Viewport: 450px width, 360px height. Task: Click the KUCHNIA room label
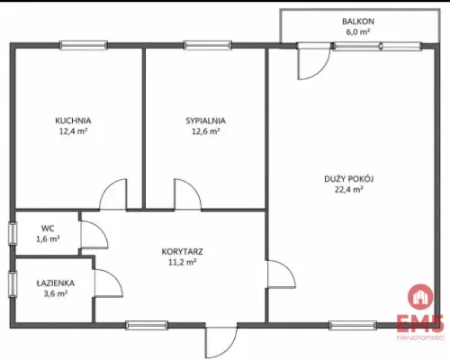tap(73, 121)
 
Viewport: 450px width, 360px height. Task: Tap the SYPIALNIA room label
tap(205, 121)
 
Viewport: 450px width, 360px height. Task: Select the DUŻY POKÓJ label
tap(349, 179)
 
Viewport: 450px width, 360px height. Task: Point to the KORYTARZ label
tap(182, 251)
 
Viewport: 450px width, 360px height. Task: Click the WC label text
tap(48, 229)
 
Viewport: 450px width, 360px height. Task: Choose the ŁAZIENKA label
tap(56, 283)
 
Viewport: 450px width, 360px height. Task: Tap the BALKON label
tap(358, 22)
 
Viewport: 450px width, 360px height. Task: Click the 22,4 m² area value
tap(349, 190)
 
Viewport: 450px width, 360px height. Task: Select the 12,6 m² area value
tap(205, 131)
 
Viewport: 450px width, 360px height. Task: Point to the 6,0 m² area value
tap(358, 31)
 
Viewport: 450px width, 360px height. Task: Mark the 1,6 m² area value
tap(48, 239)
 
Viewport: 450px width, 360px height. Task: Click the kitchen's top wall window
tap(84, 45)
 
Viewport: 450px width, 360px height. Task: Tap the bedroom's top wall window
tap(208, 45)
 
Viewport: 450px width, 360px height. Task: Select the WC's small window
tap(13, 233)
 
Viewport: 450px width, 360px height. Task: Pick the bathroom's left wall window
tap(13, 284)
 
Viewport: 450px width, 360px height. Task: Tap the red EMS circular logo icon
tap(420, 297)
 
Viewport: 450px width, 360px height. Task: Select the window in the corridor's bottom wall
tap(147, 325)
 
